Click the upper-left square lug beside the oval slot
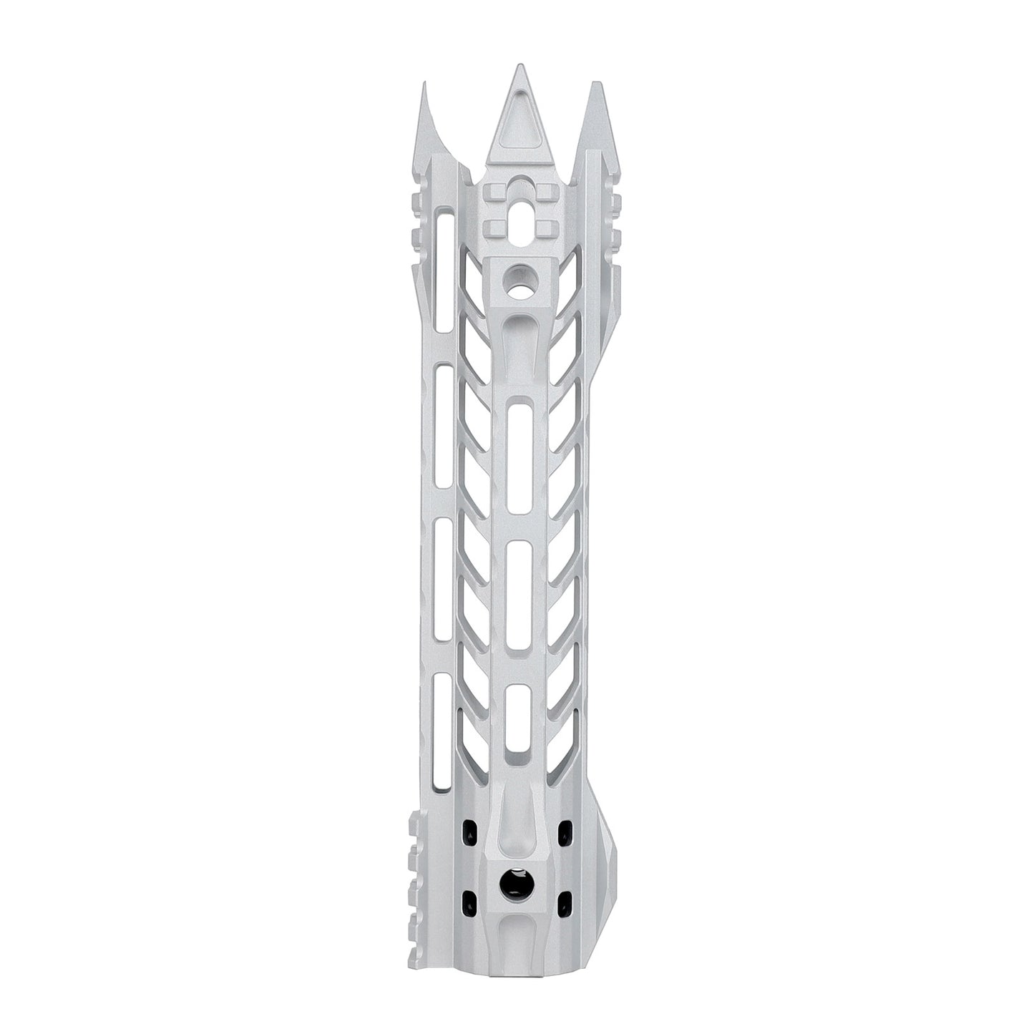pyautogui.click(x=496, y=191)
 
